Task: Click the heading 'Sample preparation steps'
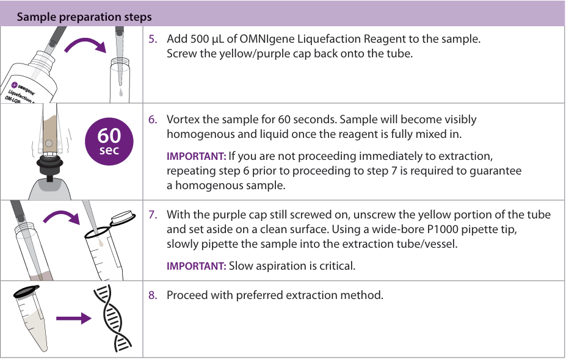tap(84, 17)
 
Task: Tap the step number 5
tap(153, 39)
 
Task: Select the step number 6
tap(153, 120)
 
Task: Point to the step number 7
tap(153, 215)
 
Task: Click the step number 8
tap(153, 295)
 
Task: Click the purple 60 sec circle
tap(109, 142)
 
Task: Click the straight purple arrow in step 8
tap(74, 318)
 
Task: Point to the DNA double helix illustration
tap(112, 318)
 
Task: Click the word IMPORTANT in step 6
tap(197, 156)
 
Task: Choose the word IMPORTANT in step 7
tap(197, 266)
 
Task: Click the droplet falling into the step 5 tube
tap(121, 92)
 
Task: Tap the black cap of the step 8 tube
tap(26, 292)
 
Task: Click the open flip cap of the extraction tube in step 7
tap(123, 218)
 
